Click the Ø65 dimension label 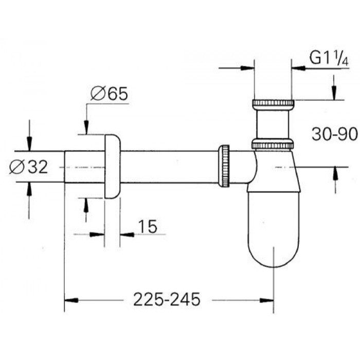coord(109,94)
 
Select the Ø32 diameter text coord(29,167)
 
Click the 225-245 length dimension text coord(166,299)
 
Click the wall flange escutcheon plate coord(112,166)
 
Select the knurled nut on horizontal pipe coord(224,166)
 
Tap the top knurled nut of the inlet coord(273,104)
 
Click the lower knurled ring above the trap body coord(273,143)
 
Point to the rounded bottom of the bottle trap coord(273,252)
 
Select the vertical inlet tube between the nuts coord(273,124)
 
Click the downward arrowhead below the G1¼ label coord(334,94)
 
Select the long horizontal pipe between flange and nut coord(170,166)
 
